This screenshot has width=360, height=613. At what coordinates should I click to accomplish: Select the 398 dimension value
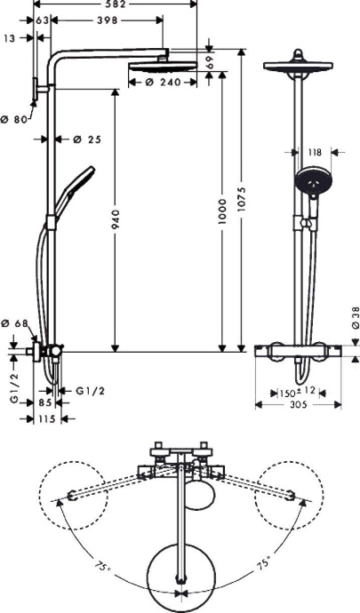tap(107, 20)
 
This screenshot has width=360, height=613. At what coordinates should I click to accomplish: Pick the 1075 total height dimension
tap(253, 201)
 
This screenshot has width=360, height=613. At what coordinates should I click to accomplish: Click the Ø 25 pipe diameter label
tap(86, 139)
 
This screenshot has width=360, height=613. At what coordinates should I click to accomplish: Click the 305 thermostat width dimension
tap(299, 405)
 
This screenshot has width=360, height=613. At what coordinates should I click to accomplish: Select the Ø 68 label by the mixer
tap(17, 324)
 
